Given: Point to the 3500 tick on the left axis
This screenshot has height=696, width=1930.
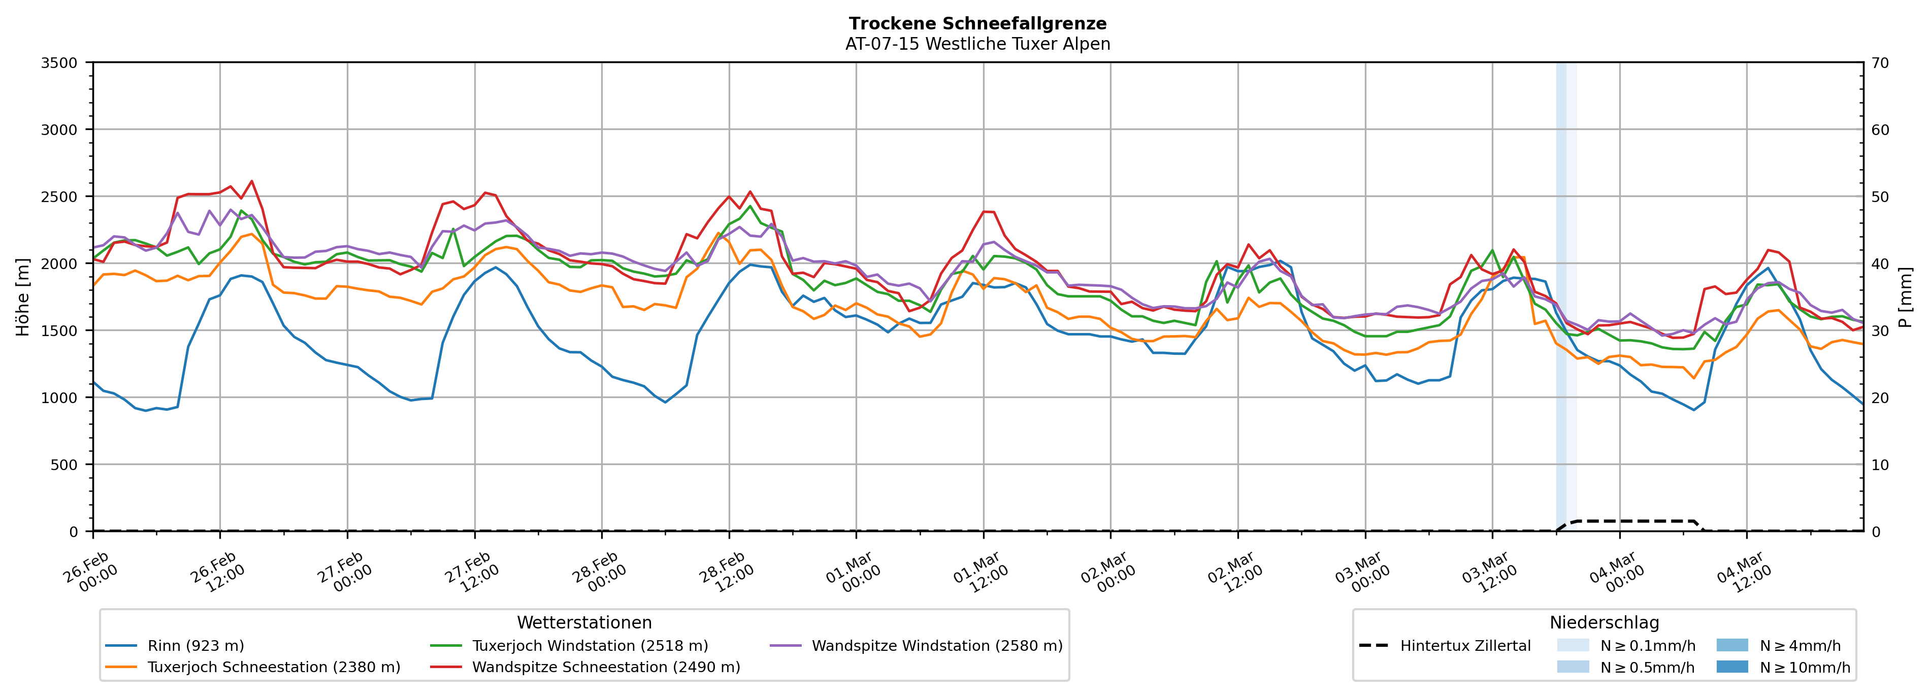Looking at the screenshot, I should (x=59, y=63).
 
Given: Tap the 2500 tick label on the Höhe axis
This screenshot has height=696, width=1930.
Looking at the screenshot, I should (x=59, y=197).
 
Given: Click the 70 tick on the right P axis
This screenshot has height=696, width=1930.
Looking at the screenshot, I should (x=1880, y=63).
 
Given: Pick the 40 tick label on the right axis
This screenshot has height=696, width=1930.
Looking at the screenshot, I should (x=1880, y=263).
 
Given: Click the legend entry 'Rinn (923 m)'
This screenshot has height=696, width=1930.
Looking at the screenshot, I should (x=195, y=646).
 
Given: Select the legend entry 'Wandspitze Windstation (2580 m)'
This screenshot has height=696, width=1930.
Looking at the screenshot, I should (x=936, y=646).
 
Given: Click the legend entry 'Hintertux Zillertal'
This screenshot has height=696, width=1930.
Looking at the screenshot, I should (x=1465, y=646).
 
